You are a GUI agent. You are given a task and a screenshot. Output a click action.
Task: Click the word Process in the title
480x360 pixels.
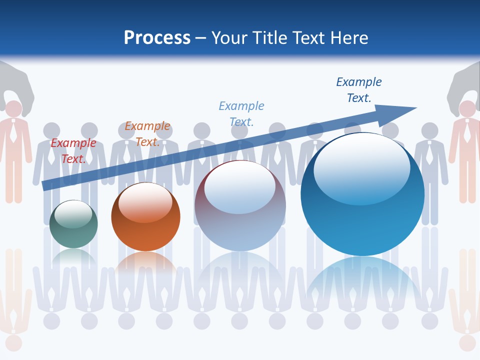coord(157,38)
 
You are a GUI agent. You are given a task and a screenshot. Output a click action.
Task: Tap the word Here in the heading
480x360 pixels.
coord(348,38)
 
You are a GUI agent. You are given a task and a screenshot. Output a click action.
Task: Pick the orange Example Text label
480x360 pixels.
coord(147,134)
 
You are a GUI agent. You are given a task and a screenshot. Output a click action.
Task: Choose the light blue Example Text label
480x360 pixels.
coord(241,113)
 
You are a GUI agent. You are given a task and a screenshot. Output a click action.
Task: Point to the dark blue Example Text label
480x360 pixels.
coord(359,90)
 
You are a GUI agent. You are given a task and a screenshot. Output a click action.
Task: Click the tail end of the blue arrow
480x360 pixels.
coord(46,185)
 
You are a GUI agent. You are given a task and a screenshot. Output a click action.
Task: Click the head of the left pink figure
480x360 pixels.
coord(13,109)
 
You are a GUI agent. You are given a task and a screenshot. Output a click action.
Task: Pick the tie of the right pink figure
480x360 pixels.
coord(466,132)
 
